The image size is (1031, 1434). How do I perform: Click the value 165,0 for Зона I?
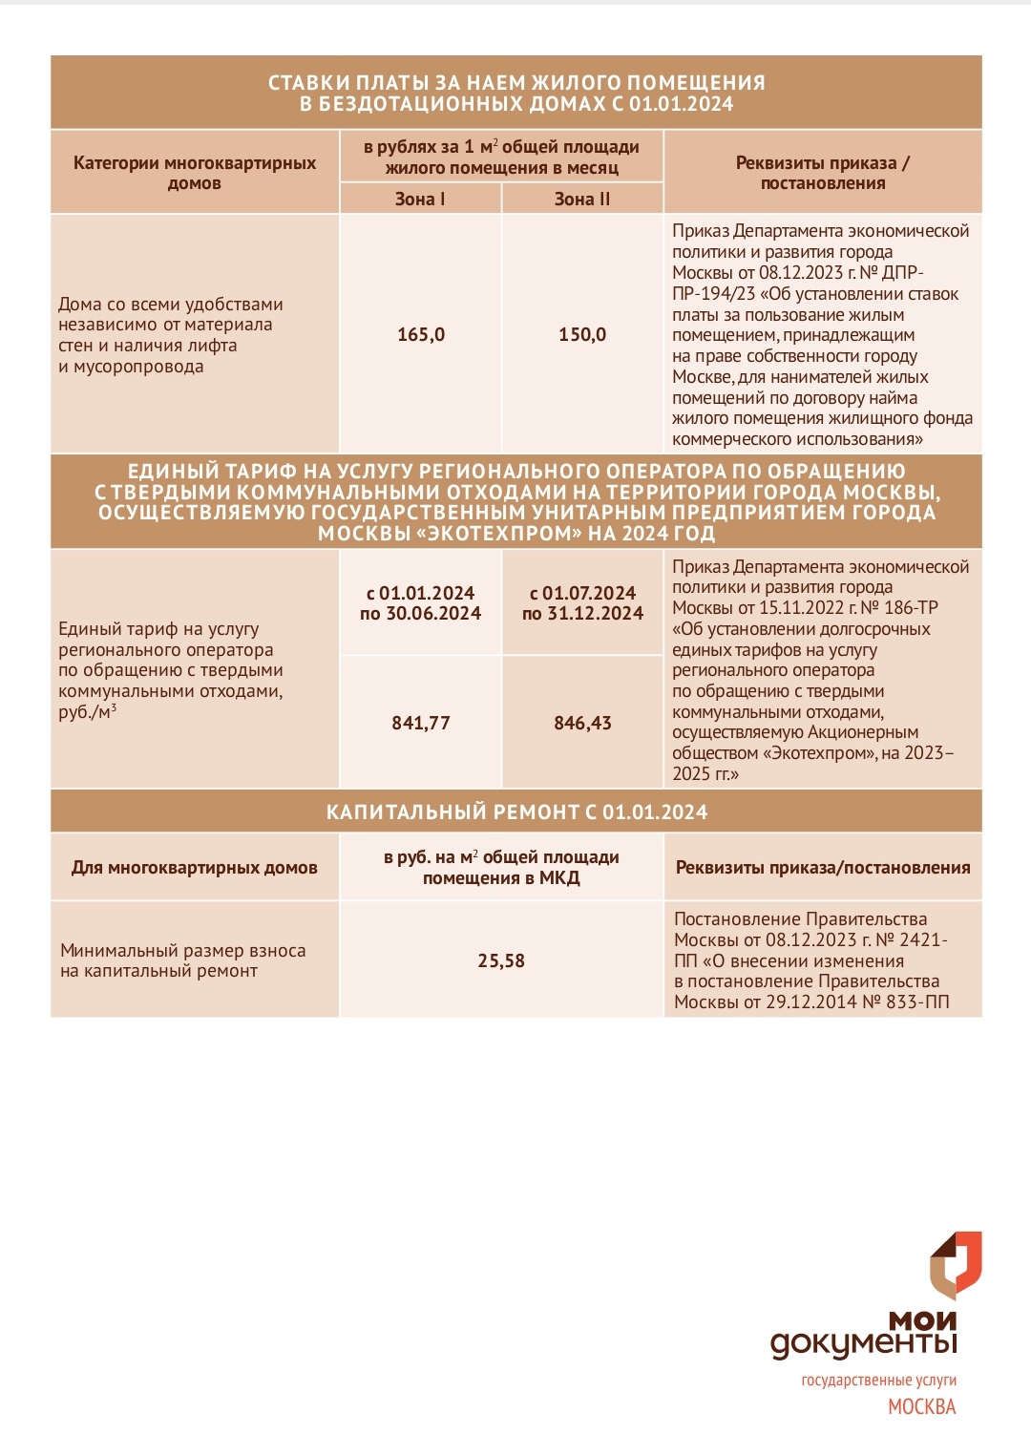coord(421,335)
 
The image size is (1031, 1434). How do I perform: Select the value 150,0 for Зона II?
coord(582,335)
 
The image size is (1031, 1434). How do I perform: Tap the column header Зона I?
coord(420,199)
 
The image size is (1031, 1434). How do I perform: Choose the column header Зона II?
coord(582,199)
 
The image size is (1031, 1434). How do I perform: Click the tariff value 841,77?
coord(421,724)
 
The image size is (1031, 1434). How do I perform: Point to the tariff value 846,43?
coord(582,724)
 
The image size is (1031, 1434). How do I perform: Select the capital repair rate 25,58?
coord(501,961)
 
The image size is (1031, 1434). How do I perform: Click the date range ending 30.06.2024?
coord(421,603)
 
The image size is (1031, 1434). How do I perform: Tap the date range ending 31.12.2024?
coord(582,603)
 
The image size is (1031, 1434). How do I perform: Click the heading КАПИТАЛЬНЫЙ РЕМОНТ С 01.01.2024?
coord(516,812)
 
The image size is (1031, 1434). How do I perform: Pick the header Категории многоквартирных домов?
coord(195,173)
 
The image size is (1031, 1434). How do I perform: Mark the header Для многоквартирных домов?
coord(195,868)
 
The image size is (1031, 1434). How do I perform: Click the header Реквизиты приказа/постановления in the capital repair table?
coord(823,868)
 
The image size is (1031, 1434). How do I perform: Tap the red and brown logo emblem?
coord(956,1265)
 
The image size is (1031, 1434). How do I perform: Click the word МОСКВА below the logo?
coord(921,1407)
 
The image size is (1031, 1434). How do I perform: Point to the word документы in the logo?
coord(863,1344)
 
